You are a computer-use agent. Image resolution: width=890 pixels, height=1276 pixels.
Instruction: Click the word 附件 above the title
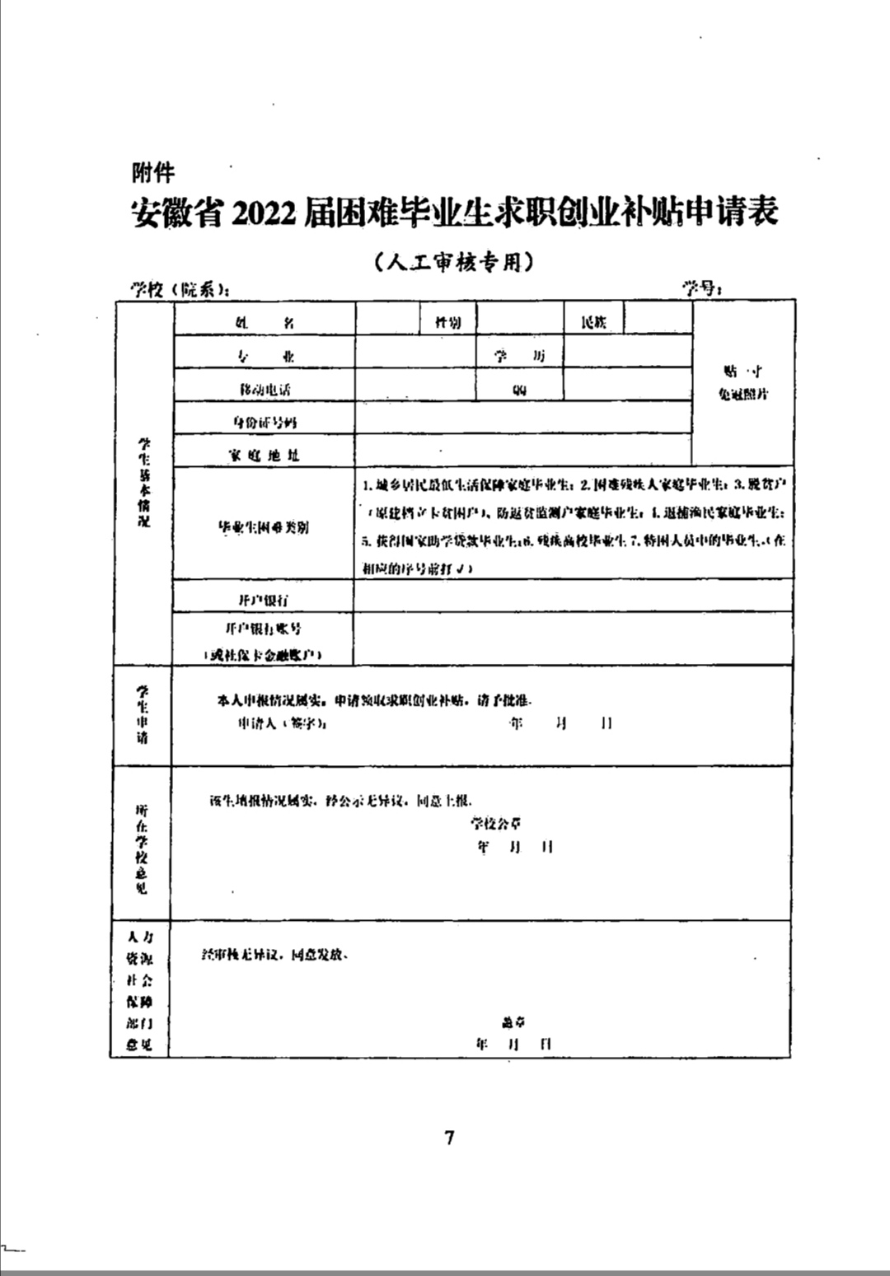(153, 173)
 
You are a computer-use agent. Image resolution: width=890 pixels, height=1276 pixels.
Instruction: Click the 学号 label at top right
(702, 287)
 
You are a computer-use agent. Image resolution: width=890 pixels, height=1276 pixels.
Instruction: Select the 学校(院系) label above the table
(180, 289)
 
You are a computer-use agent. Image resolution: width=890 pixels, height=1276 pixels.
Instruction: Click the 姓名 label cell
(264, 323)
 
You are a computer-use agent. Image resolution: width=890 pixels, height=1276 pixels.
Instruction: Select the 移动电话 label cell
(264, 389)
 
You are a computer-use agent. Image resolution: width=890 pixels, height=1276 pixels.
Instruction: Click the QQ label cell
(519, 390)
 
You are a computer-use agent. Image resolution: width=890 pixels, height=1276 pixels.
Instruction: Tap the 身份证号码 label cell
(264, 423)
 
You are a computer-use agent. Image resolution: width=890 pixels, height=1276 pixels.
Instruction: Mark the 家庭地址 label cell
(264, 455)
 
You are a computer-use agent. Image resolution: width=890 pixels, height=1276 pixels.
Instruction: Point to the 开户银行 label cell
(264, 600)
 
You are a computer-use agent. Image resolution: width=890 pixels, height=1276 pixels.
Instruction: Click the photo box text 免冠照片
(742, 394)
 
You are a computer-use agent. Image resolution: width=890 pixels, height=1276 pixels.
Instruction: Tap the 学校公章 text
(496, 823)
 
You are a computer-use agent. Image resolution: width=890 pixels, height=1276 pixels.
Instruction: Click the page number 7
(449, 1138)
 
